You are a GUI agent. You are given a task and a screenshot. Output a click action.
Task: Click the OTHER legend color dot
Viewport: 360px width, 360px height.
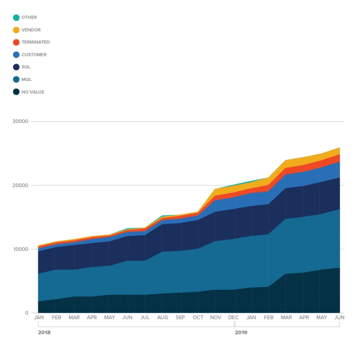pyautogui.click(x=16, y=18)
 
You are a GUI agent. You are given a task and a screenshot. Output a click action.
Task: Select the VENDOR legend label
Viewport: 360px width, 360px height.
pyautogui.click(x=31, y=30)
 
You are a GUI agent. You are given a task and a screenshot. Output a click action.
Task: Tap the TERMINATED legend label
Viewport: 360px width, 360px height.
pyautogui.click(x=36, y=42)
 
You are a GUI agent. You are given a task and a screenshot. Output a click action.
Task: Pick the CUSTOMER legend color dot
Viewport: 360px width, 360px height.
pyautogui.click(x=16, y=55)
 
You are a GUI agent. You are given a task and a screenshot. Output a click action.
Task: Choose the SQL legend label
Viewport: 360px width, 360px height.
pyautogui.click(x=26, y=67)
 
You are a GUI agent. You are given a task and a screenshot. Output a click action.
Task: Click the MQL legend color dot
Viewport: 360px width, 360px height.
pyautogui.click(x=16, y=80)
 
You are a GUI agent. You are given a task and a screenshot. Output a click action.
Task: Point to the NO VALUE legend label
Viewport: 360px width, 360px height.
pyautogui.click(x=33, y=92)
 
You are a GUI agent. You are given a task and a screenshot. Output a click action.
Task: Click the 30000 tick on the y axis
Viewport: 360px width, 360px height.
pyautogui.click(x=21, y=121)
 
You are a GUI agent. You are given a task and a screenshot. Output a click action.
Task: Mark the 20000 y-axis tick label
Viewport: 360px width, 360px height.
pyautogui.click(x=21, y=185)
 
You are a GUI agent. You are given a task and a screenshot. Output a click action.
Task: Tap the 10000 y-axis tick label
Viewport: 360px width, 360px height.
pyautogui.click(x=21, y=249)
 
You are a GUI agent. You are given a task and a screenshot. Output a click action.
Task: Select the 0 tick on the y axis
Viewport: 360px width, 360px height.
pyautogui.click(x=26, y=313)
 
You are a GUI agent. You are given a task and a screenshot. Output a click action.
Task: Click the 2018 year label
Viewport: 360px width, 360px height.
pyautogui.click(x=44, y=333)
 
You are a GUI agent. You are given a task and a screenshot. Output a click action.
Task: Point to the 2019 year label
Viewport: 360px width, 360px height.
pyautogui.click(x=241, y=333)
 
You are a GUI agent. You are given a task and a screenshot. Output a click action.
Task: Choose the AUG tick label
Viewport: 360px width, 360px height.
pyautogui.click(x=162, y=318)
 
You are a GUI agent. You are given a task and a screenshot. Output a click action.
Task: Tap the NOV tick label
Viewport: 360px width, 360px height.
pyautogui.click(x=216, y=318)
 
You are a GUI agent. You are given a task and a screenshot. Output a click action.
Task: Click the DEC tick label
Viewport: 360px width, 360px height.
pyautogui.click(x=234, y=318)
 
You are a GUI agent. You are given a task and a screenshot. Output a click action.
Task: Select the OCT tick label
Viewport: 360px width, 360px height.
pyautogui.click(x=198, y=318)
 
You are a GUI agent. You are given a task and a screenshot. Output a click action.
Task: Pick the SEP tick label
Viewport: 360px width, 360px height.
pyautogui.click(x=180, y=318)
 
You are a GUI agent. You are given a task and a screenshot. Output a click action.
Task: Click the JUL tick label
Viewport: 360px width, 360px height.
pyautogui.click(x=145, y=318)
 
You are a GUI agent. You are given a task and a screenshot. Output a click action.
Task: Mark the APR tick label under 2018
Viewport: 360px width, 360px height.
pyautogui.click(x=92, y=318)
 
